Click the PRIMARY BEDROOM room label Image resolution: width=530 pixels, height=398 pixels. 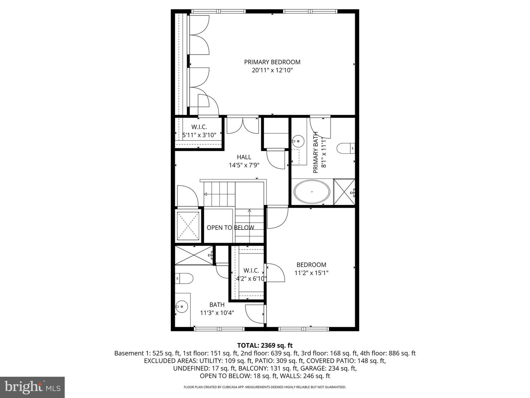pos(272,62)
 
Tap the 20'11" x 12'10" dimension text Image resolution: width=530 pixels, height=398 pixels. pos(272,70)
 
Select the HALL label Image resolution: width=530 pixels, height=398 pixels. pos(244,157)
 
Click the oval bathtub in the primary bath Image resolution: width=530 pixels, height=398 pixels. pos(312,192)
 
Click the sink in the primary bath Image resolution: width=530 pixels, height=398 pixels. pos(298,140)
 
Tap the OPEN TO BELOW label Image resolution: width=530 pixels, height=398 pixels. pos(230,228)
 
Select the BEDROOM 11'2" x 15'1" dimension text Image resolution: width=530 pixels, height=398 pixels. pos(311,273)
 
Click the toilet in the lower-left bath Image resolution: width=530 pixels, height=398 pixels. pos(184,278)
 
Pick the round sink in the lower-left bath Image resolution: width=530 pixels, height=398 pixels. pos(181,306)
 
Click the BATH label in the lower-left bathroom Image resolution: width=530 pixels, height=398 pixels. pos(217,305)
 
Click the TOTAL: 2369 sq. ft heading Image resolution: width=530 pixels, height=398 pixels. pos(265,345)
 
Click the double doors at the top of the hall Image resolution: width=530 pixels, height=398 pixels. pos(243,125)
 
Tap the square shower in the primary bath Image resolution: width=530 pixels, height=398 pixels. pos(344,191)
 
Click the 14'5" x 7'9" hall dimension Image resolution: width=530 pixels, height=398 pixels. pos(244,165)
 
